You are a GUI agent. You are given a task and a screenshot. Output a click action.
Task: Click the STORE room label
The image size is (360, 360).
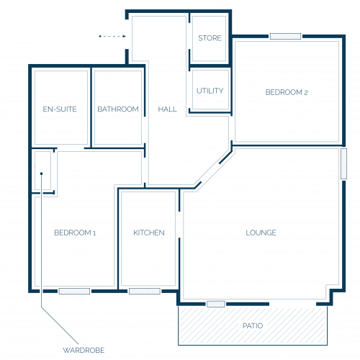pyautogui.click(x=210, y=38)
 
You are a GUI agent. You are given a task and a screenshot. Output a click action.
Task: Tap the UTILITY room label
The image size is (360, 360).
pyautogui.click(x=210, y=91)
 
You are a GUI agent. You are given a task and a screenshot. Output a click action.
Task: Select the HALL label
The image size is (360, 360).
pyautogui.click(x=167, y=109)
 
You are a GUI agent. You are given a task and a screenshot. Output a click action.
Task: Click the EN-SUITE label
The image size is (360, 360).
pyautogui.click(x=60, y=109)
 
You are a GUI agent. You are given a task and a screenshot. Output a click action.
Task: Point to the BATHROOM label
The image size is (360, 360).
pyautogui.click(x=118, y=109)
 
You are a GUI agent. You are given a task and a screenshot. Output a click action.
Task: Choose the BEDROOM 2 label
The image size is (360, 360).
pyautogui.click(x=287, y=92)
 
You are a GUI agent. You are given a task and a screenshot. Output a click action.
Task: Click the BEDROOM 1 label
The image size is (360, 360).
pyautogui.click(x=75, y=233)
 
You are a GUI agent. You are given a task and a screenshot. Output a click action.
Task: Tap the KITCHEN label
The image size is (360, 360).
pyautogui.click(x=149, y=233)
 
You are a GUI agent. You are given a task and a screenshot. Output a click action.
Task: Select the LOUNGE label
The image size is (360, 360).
pyautogui.click(x=261, y=233)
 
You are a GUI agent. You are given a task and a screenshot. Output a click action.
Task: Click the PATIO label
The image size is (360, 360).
pyautogui.click(x=253, y=325)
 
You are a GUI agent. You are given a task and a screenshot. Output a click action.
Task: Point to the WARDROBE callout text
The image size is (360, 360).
pyautogui.click(x=84, y=350)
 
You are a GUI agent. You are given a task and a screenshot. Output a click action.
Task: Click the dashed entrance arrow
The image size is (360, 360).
pyautogui.click(x=112, y=36)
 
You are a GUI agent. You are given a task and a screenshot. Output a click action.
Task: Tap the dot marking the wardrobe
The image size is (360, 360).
pyautogui.click(x=41, y=174)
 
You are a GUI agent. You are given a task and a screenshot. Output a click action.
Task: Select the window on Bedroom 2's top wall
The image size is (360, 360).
pyautogui.click(x=285, y=36)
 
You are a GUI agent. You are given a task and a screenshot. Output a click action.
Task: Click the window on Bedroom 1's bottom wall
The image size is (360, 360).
pyautogui.click(x=74, y=291)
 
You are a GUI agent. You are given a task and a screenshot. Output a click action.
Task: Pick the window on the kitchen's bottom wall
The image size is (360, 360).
pyautogui.click(x=145, y=291)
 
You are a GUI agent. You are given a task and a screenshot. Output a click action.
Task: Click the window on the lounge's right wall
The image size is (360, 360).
pyautogui.click(x=344, y=163)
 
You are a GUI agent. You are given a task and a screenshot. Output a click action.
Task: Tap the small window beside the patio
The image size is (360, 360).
pyautogui.click(x=216, y=304)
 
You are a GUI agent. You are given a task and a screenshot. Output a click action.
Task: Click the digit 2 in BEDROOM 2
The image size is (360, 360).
pyautogui.click(x=306, y=93)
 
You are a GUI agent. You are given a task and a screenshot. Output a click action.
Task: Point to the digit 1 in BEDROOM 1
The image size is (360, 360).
pyautogui.click(x=94, y=233)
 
